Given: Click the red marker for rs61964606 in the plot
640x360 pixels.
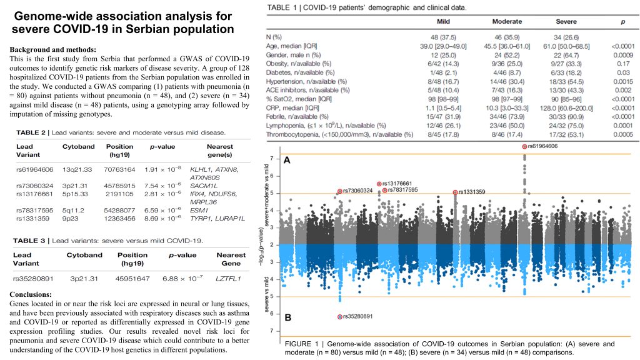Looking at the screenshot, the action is [524, 146].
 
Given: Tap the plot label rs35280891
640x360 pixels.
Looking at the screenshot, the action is [358, 316].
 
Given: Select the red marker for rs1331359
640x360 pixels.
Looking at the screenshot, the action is [455, 192].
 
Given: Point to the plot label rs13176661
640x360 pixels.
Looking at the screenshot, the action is [397, 184].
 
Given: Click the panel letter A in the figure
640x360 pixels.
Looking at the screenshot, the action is [287, 161].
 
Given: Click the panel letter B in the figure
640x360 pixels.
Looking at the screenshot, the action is [287, 317].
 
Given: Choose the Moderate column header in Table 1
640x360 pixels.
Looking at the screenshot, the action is [507, 22].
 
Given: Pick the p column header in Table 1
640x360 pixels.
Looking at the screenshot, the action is [623, 22].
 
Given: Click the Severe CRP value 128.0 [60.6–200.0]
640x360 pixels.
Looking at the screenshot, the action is [566, 108].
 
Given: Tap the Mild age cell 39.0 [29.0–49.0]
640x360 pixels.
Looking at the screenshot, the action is [443, 46].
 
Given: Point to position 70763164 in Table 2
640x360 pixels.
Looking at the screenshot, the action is [119, 169].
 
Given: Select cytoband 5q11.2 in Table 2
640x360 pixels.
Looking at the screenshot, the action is [74, 210].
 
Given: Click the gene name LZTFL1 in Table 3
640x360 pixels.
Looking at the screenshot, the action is [229, 279].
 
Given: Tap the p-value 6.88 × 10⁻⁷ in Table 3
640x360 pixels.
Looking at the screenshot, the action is [182, 278].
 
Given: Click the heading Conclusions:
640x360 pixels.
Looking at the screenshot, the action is [31, 294].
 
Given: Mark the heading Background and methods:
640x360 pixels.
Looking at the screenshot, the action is [53, 50].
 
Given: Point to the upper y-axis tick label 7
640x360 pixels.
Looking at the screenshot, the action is [272, 158].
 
